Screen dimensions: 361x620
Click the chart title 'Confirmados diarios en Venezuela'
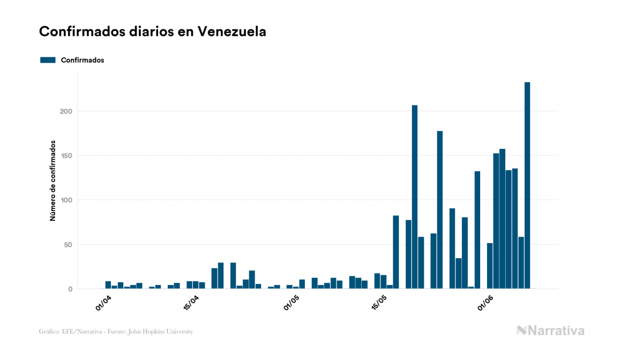click(x=153, y=32)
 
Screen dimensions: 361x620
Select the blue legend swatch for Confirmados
click(x=48, y=60)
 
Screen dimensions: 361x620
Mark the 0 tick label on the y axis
click(x=70, y=289)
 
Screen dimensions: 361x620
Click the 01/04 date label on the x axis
click(x=103, y=302)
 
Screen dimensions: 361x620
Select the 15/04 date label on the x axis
click(x=191, y=302)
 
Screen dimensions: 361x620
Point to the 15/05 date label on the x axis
click(x=379, y=302)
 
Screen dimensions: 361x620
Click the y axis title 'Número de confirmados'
click(x=53, y=180)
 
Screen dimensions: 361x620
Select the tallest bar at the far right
click(x=527, y=185)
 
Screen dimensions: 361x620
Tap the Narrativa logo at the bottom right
click(x=550, y=330)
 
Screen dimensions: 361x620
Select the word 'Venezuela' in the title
click(x=232, y=32)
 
